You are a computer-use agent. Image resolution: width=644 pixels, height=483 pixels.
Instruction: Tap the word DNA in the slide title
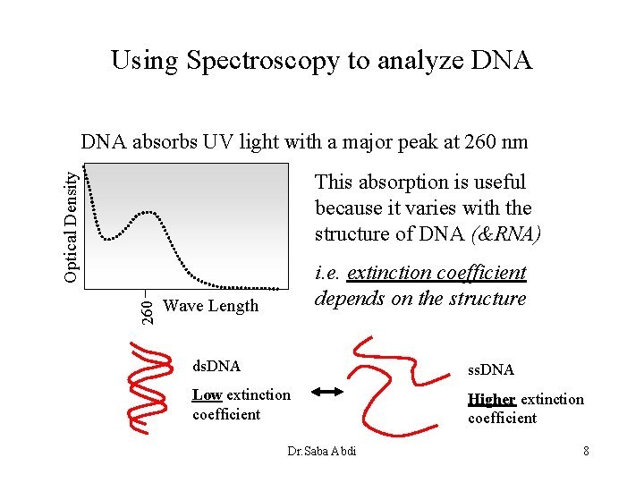(501, 61)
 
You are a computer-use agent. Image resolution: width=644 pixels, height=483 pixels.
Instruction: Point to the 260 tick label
(149, 309)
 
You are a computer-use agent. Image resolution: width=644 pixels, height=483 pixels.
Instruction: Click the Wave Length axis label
(211, 306)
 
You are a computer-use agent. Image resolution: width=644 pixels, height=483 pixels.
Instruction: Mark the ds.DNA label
(217, 366)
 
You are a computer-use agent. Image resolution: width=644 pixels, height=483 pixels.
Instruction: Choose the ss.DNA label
(491, 369)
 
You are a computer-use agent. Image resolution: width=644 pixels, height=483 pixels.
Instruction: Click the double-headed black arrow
(328, 392)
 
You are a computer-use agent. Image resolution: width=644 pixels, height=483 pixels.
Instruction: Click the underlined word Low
(207, 394)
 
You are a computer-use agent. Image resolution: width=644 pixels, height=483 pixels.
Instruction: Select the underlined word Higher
(491, 399)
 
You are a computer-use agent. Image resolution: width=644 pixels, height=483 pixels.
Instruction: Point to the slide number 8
(586, 451)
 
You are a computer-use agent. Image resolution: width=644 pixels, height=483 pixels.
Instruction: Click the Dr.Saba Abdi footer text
(322, 451)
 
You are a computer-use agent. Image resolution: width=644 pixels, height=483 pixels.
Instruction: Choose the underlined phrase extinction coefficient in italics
(436, 273)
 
